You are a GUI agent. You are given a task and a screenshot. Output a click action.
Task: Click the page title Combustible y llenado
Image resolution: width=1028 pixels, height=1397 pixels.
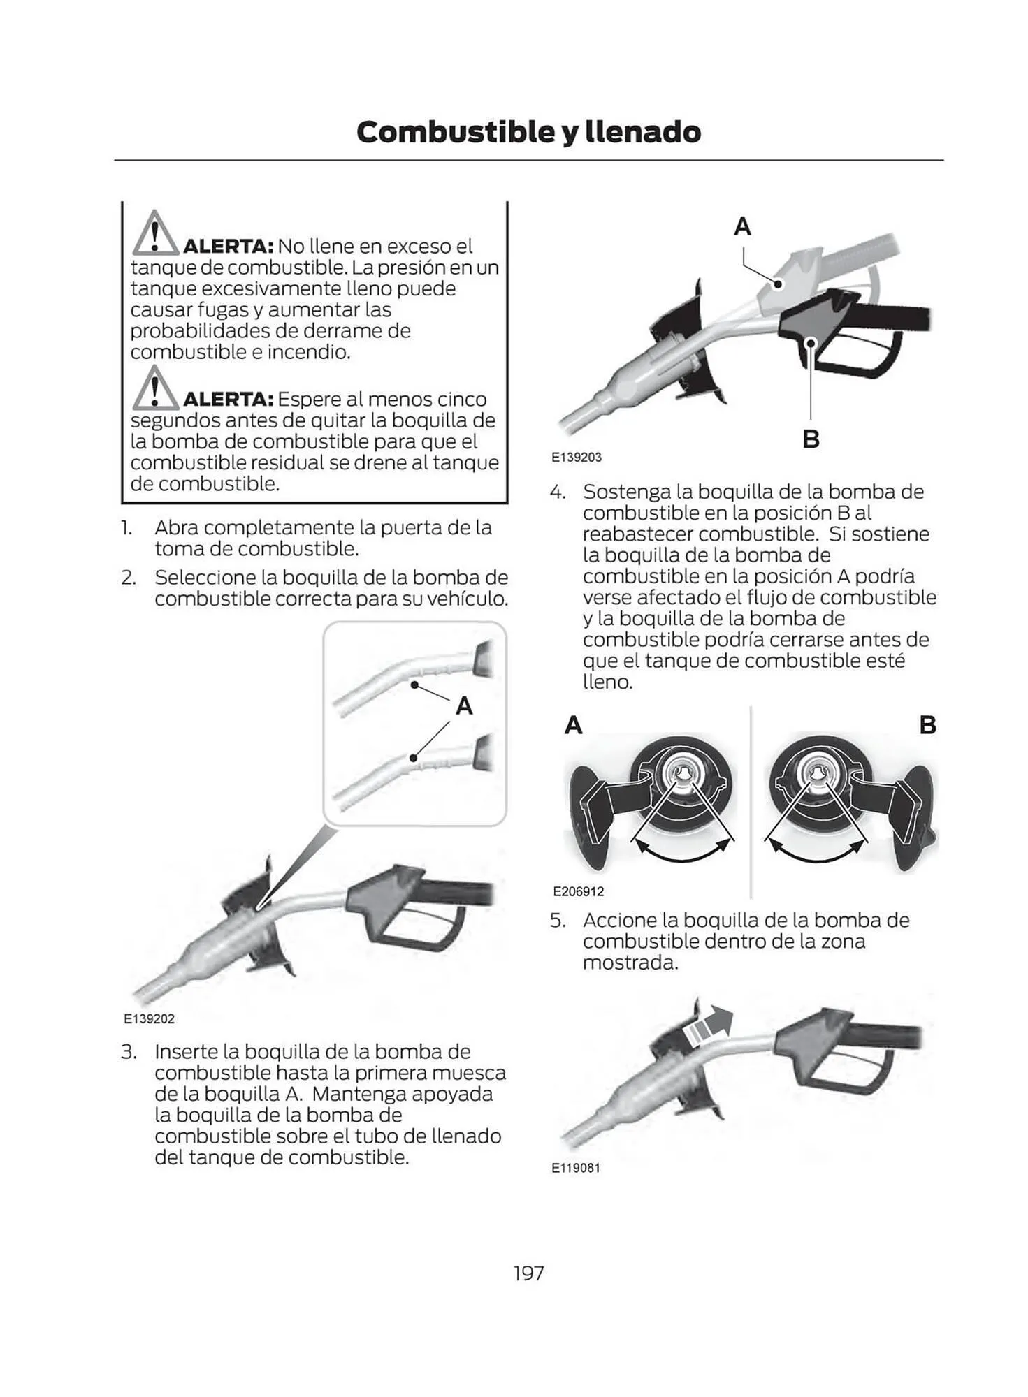click(528, 132)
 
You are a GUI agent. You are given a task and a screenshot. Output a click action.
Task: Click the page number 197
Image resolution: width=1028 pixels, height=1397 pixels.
click(528, 1273)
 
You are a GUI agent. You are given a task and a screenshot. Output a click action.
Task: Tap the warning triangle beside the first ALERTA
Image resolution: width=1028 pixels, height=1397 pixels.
click(155, 234)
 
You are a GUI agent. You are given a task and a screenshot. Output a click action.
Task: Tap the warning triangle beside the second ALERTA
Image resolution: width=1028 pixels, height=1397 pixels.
click(155, 388)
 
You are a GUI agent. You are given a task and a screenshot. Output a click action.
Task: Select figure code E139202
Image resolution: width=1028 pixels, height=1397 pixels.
click(149, 1019)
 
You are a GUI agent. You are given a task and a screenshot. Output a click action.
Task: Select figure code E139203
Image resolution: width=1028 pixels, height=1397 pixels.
click(576, 458)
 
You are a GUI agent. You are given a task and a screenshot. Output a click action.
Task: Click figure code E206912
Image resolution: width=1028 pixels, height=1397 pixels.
click(578, 891)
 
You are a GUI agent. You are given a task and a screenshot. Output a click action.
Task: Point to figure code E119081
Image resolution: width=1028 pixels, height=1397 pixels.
click(576, 1168)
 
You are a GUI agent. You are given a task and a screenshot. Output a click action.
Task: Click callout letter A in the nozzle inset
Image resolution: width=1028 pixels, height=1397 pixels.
click(464, 706)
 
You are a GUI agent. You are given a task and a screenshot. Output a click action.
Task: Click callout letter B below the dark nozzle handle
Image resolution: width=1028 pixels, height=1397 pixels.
click(811, 439)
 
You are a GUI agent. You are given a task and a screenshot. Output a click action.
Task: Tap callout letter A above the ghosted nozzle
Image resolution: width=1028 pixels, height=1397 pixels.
click(742, 226)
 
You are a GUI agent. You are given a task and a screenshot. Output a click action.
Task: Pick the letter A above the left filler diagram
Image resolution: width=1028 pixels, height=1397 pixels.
click(573, 725)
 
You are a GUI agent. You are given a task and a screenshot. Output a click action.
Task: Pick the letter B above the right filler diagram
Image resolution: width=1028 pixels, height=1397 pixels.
click(927, 725)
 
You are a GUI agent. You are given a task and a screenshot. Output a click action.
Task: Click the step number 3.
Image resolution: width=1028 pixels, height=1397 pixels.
click(129, 1052)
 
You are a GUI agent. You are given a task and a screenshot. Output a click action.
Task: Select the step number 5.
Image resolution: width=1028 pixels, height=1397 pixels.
click(557, 920)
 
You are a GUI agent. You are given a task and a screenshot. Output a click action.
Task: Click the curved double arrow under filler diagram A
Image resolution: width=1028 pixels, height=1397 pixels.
click(681, 854)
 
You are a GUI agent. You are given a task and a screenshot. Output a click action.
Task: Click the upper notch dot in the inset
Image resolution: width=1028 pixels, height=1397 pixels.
click(414, 685)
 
